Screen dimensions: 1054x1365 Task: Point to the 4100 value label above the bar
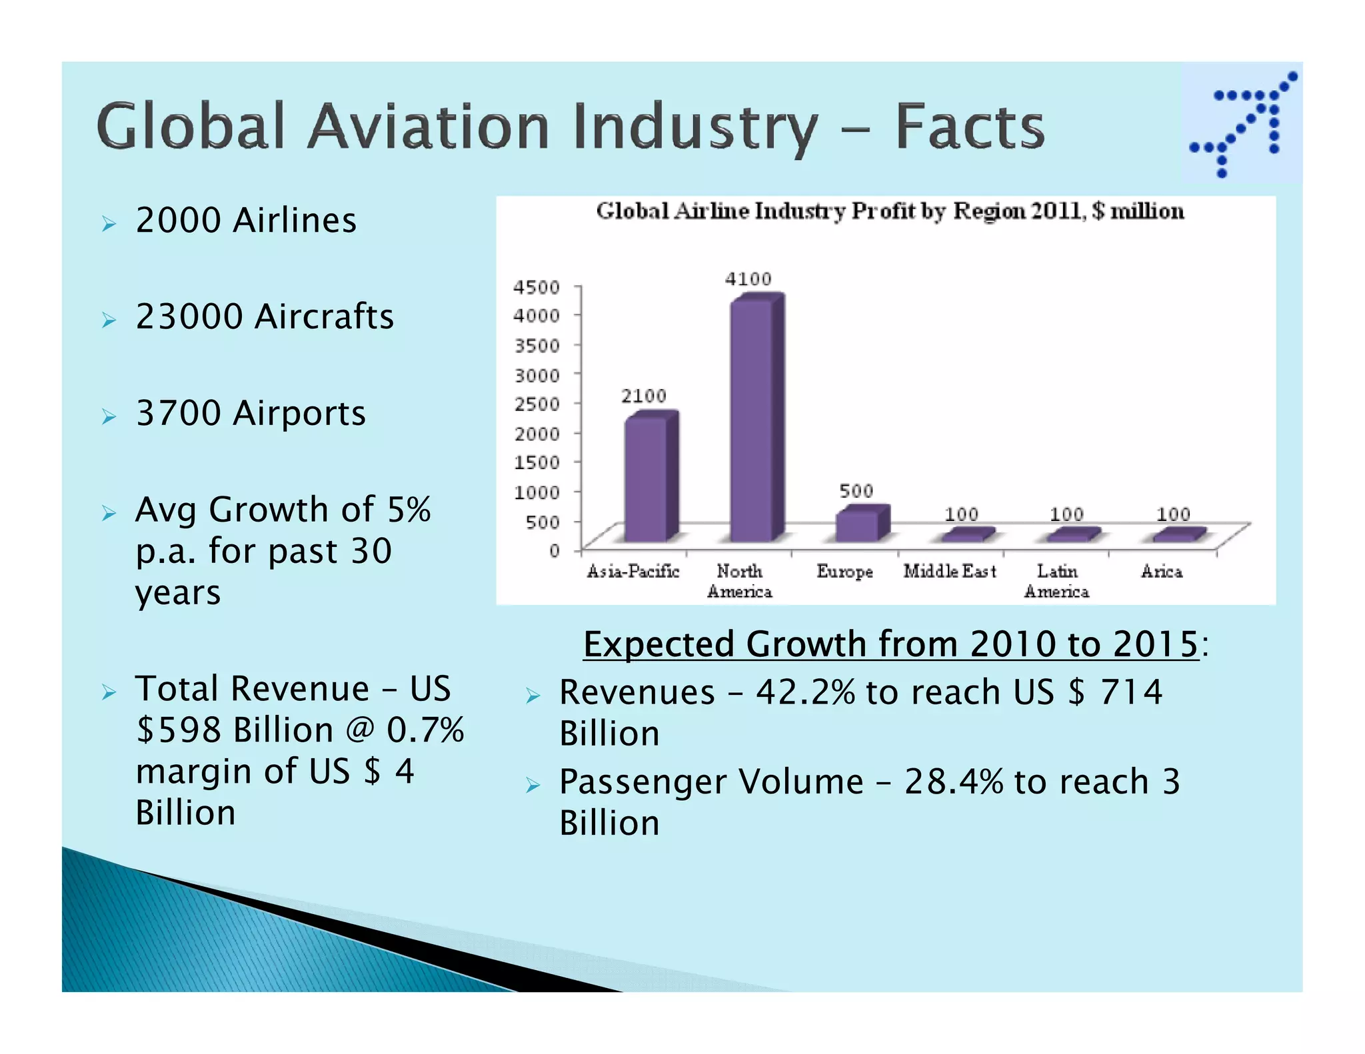click(x=748, y=279)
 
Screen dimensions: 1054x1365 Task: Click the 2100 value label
click(x=643, y=396)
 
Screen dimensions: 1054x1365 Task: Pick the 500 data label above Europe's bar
click(x=856, y=491)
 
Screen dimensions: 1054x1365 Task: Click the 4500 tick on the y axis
click(x=536, y=287)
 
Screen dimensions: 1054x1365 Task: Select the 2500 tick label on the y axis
click(x=536, y=404)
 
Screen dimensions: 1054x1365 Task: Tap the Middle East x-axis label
click(x=949, y=572)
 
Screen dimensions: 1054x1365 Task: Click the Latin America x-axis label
click(x=1056, y=581)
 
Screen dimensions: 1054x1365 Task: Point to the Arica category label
click(x=1162, y=572)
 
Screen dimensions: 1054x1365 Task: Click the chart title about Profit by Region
click(x=890, y=211)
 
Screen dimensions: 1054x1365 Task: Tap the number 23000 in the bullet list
click(x=189, y=316)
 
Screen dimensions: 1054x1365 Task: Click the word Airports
click(x=299, y=413)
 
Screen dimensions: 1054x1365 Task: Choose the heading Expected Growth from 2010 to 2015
click(x=890, y=644)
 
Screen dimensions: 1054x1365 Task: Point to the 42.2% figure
click(x=804, y=692)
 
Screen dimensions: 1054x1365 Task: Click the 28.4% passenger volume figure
click(x=953, y=782)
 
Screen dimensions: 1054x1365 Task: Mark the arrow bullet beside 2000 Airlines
click(x=109, y=224)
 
